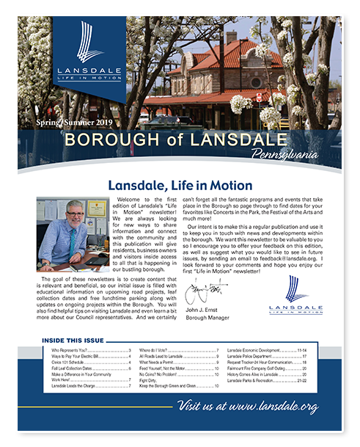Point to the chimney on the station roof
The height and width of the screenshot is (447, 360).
pos(232,36)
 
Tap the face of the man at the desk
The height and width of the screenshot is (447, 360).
pos(76,217)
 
